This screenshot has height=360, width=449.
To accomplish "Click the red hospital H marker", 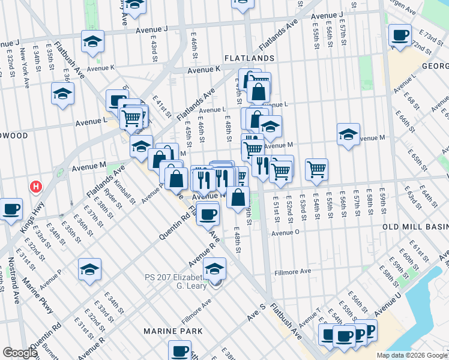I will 36,187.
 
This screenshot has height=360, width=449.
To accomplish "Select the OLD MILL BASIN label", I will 416,227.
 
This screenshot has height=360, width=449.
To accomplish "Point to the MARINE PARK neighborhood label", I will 169,331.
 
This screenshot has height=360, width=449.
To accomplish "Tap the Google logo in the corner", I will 20,353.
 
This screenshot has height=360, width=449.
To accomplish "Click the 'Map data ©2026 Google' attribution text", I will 412,355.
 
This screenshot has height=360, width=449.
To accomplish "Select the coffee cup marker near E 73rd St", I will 400,35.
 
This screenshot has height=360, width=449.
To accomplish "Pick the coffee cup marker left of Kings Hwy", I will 11,209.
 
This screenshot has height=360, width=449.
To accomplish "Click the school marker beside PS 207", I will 214,268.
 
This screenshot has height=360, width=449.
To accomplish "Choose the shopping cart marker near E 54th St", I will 316,169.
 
